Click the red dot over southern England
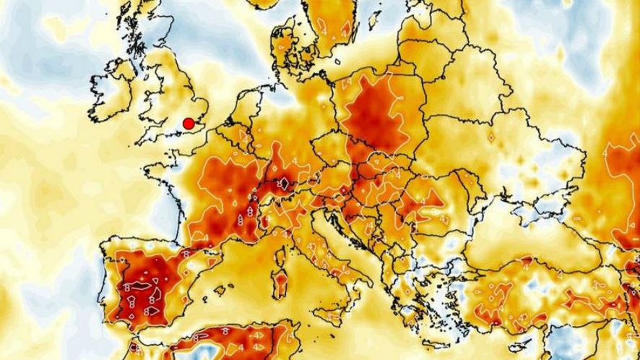189,124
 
